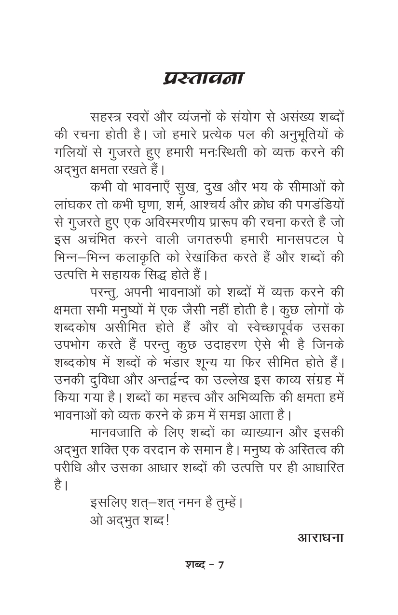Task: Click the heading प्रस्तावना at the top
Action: click(203, 79)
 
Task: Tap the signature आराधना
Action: click(320, 537)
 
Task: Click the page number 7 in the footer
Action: click(220, 565)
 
